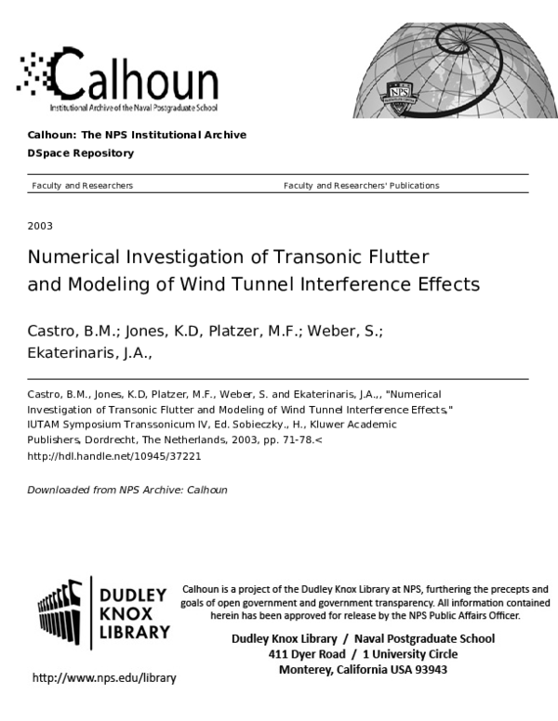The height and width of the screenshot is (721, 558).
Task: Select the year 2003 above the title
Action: pyautogui.click(x=40, y=226)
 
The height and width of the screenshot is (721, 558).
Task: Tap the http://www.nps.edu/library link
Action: pyautogui.click(x=104, y=678)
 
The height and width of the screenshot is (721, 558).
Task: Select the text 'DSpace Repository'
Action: pyautogui.click(x=81, y=153)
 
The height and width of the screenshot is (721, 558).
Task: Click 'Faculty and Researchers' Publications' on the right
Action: pyautogui.click(x=361, y=186)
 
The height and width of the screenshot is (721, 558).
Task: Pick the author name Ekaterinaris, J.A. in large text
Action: pyautogui.click(x=89, y=354)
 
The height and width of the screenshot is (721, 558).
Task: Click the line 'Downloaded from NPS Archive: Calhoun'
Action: pyautogui.click(x=127, y=490)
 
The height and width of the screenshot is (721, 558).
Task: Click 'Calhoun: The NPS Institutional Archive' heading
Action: pyautogui.click(x=137, y=135)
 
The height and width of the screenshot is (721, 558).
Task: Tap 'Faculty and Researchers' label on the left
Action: pyautogui.click(x=82, y=186)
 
